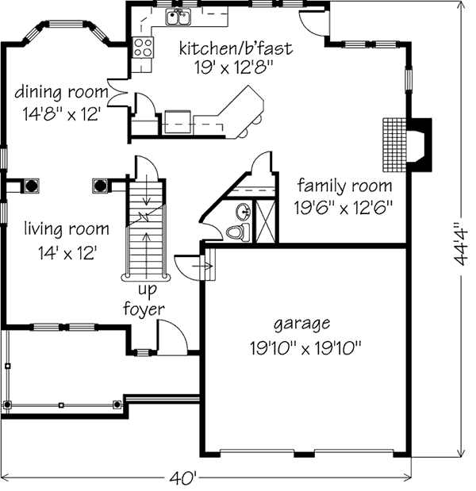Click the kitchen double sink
(x=178, y=17)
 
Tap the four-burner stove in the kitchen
(x=143, y=48)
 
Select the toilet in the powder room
(x=238, y=232)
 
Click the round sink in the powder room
(x=244, y=211)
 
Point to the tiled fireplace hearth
(x=394, y=144)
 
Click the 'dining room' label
(x=61, y=92)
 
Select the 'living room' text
(x=67, y=229)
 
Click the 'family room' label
(x=344, y=186)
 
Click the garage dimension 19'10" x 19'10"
(x=305, y=348)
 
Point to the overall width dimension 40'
(x=183, y=478)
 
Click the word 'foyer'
(x=144, y=309)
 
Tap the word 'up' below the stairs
(x=148, y=290)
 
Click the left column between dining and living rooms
(x=31, y=186)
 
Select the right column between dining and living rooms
(x=100, y=186)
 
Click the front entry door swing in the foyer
(x=173, y=337)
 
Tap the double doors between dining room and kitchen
(x=117, y=93)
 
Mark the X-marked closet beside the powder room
(x=265, y=221)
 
